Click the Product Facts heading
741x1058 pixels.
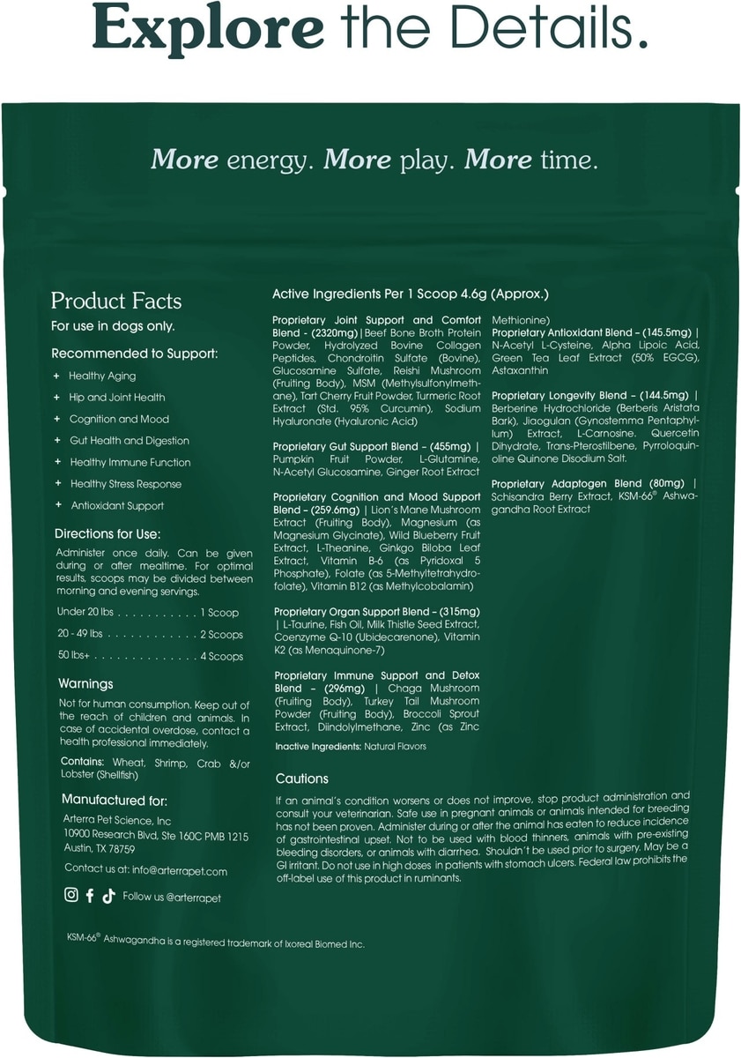116,301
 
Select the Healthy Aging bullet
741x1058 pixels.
102,376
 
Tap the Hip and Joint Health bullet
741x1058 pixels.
117,398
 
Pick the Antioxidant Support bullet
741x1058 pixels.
117,505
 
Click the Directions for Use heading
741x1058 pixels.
107,534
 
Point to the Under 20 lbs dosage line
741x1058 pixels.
147,612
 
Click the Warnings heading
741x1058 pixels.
85,683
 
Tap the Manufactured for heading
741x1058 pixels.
114,800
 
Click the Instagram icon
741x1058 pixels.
71,896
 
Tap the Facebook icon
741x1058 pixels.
90,896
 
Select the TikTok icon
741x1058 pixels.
108,896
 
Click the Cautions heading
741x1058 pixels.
301,779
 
